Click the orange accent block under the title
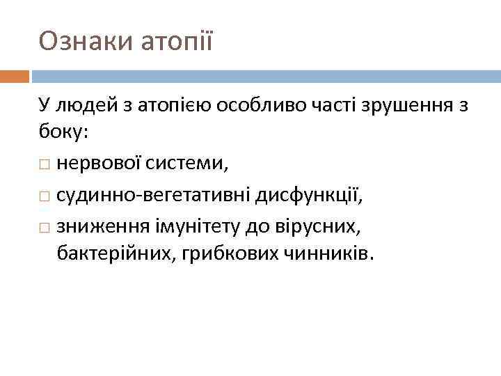(x=14, y=76)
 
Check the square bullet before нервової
(x=45, y=165)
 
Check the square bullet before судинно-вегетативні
(x=45, y=197)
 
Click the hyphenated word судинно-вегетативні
(x=154, y=196)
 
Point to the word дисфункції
(x=309, y=196)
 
